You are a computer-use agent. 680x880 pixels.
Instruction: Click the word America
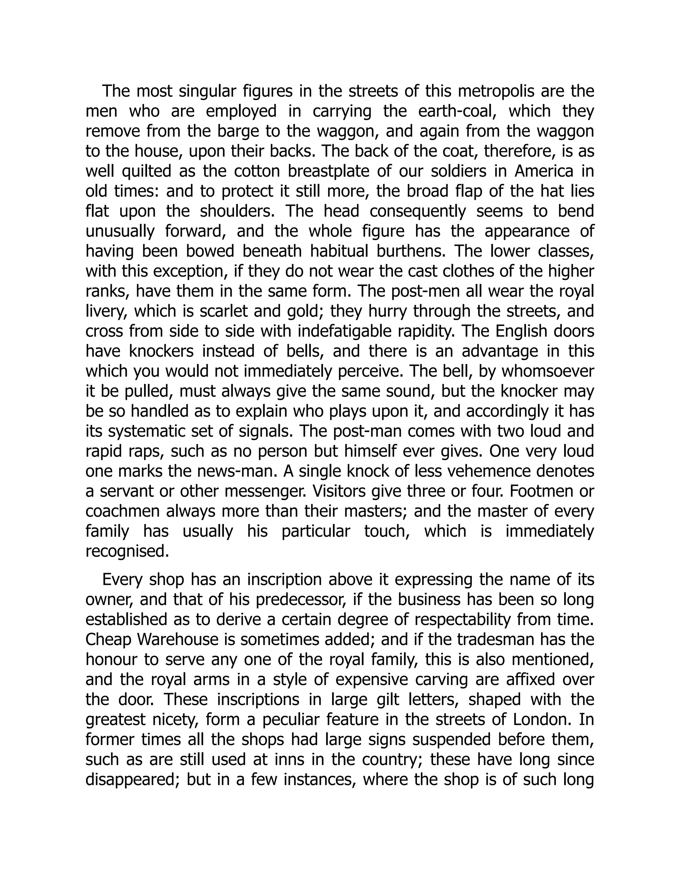point(544,172)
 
